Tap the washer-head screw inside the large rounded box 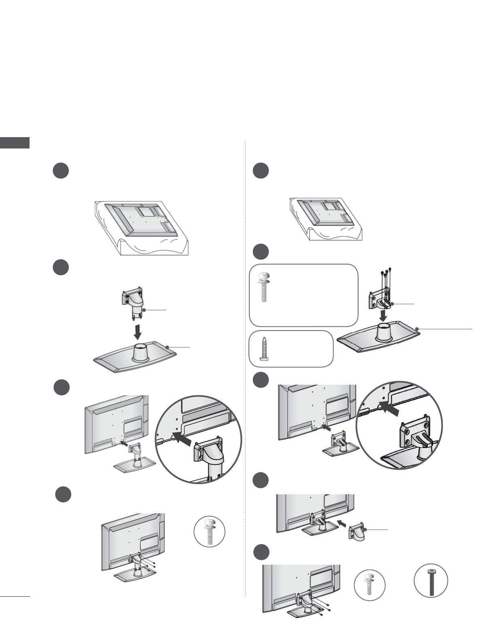point(263,287)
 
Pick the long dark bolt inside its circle point(431,581)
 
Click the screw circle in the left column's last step point(209,531)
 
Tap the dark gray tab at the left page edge point(15,143)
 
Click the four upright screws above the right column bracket point(384,278)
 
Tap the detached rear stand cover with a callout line point(357,532)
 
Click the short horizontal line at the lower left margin point(15,596)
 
